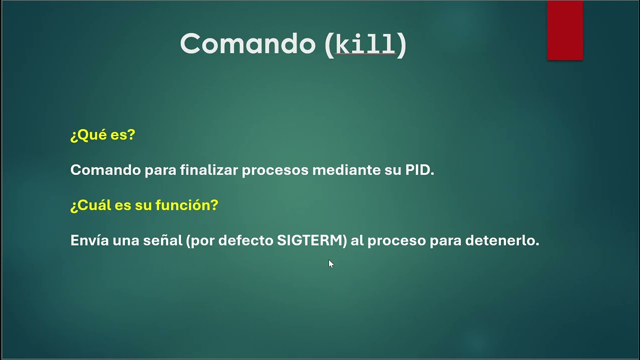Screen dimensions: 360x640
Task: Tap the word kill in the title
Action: (365, 44)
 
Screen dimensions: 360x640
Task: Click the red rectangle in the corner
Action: (565, 30)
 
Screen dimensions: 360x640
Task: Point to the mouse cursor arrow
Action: (330, 263)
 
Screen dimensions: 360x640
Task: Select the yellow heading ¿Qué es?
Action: (102, 135)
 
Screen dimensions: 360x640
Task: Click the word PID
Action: (419, 170)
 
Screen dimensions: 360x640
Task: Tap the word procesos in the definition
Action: (275, 170)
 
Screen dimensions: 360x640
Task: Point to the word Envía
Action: (89, 240)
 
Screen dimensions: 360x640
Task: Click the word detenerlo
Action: (502, 240)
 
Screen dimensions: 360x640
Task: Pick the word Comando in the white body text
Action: (105, 170)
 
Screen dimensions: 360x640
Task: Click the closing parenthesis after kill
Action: (401, 44)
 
